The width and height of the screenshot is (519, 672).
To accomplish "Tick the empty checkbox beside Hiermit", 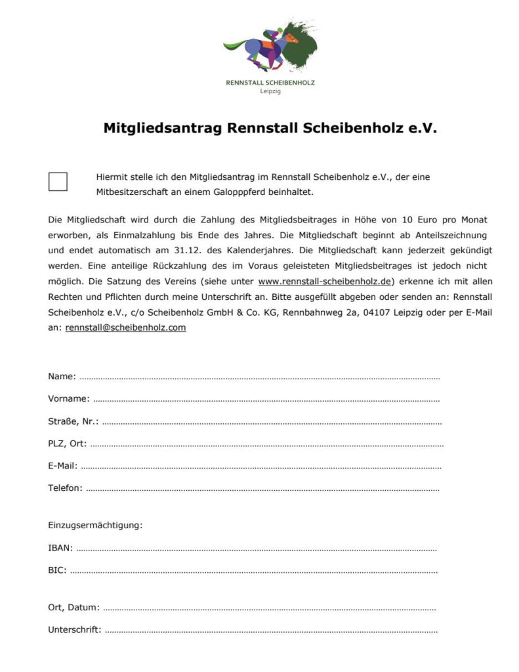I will [58, 182].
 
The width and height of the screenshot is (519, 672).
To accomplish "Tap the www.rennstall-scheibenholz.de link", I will [325, 282].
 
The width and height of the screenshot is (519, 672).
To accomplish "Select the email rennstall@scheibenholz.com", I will [125, 327].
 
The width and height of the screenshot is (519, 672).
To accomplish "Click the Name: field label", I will [62, 377].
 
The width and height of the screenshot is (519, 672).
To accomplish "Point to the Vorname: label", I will [68, 399].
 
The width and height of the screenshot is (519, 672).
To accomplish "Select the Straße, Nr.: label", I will [73, 421].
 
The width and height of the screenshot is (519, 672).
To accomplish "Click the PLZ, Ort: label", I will [67, 444].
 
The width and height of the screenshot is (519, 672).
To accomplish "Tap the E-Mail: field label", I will [63, 466].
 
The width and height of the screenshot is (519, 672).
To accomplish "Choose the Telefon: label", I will [65, 488].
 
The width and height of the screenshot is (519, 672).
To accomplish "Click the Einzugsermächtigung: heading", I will [95, 525].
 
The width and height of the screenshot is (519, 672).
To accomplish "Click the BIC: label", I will [57, 570].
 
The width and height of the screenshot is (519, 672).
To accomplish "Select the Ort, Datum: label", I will [73, 608].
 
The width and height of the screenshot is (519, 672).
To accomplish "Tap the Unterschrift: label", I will [74, 630].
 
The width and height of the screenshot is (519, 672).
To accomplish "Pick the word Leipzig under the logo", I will [270, 91].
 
